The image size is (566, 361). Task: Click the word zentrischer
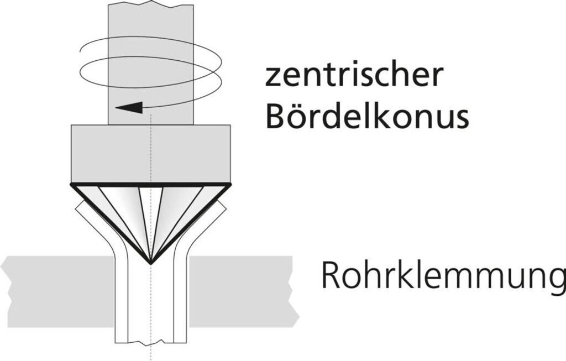pyautogui.click(x=354, y=76)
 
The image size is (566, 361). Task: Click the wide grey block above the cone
pyautogui.click(x=150, y=153)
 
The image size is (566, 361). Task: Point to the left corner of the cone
pyautogui.click(x=72, y=185)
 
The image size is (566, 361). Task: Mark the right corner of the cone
pyautogui.click(x=229, y=185)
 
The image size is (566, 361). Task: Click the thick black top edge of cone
pyautogui.click(x=150, y=184)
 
